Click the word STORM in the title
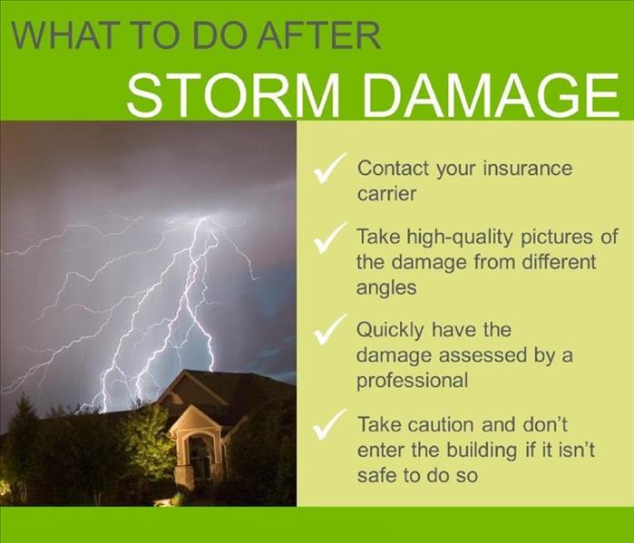click(x=233, y=95)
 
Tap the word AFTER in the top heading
click(x=319, y=35)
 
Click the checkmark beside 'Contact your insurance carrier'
click(x=329, y=169)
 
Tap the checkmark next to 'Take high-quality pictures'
click(x=329, y=238)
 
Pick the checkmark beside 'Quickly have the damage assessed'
click(x=329, y=329)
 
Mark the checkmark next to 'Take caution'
click(x=329, y=424)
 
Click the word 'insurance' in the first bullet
click(x=528, y=168)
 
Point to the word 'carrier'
click(x=386, y=194)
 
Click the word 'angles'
click(x=386, y=288)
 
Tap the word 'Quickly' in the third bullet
click(x=390, y=330)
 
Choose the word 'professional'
click(x=412, y=381)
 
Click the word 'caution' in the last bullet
click(x=434, y=425)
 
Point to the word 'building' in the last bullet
click(x=482, y=451)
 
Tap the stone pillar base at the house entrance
click(x=184, y=477)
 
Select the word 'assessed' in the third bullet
click(x=483, y=355)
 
